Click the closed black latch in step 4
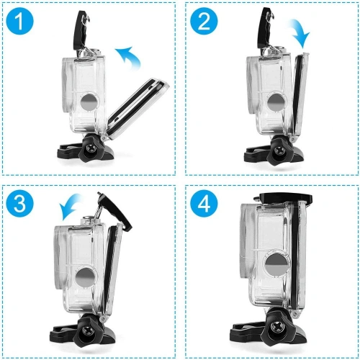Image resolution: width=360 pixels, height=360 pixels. (x=281, y=197)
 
